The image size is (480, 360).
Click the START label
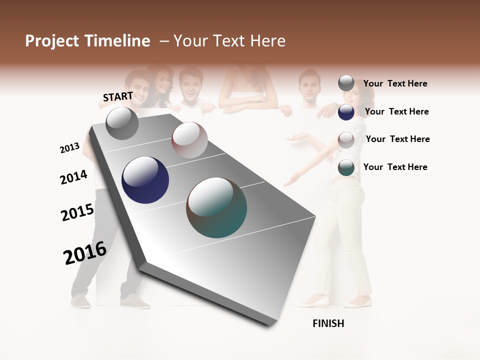[118, 96]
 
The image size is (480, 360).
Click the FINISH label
[328, 323]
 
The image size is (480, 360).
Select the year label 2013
[69, 148]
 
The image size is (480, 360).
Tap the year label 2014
[73, 177]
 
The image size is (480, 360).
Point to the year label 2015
[77, 212]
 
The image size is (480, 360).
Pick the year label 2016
[85, 253]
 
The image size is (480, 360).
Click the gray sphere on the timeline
[122, 123]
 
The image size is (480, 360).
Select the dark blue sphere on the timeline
[145, 180]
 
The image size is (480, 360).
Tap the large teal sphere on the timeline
[216, 207]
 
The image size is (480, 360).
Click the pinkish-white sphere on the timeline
[189, 140]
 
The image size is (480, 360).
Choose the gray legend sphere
[346, 83]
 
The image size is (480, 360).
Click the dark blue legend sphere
[346, 112]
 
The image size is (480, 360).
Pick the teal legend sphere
[346, 167]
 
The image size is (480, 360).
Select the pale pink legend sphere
[346, 140]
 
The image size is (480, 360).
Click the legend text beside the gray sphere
[395, 83]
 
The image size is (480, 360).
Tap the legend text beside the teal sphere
[395, 167]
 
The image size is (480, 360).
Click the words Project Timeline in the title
[87, 41]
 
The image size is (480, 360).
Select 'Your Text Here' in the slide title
[229, 41]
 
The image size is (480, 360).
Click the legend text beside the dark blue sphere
[396, 111]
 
